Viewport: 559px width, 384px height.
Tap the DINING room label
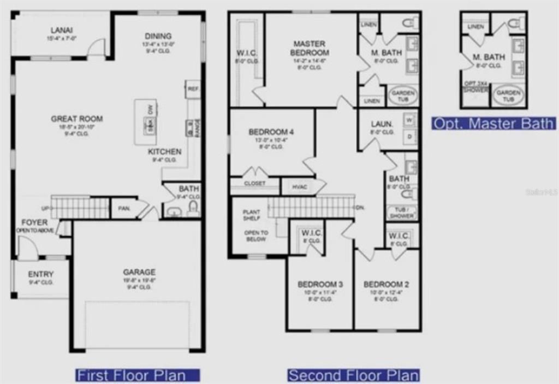tap(158, 36)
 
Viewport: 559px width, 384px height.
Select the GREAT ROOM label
tap(76, 118)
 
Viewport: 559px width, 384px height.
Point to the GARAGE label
tap(139, 272)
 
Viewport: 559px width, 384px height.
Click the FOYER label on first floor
tap(34, 223)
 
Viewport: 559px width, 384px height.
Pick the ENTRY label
tap(41, 274)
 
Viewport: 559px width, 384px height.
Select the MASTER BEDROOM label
tap(310, 48)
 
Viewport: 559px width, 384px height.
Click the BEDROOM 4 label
tap(271, 132)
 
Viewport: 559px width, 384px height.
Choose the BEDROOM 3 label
tap(320, 284)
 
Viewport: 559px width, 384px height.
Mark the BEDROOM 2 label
tap(386, 284)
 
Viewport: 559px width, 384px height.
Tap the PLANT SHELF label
tap(252, 215)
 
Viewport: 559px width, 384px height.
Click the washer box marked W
tap(409, 119)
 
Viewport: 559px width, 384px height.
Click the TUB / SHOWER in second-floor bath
tap(402, 212)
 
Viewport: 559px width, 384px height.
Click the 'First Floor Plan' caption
tap(138, 375)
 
